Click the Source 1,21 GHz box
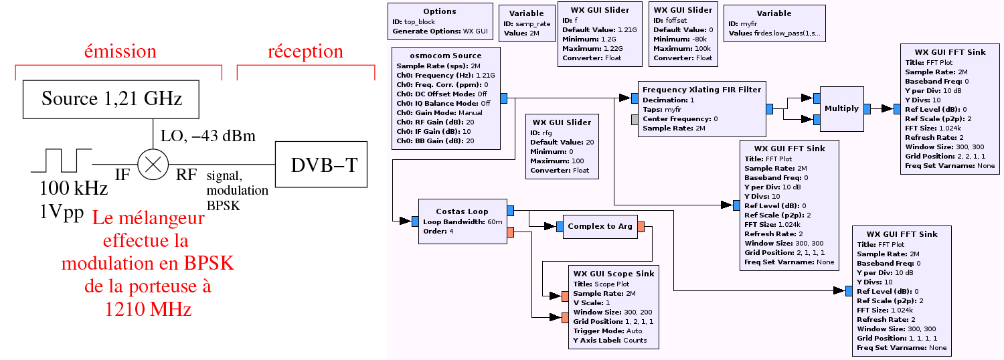coord(111,99)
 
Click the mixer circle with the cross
coord(153,165)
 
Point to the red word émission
coord(120,52)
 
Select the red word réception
coord(305,52)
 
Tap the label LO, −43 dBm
coord(208,137)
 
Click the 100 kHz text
coord(74,189)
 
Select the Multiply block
coord(841,108)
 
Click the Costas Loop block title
coord(462,211)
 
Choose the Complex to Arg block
coord(600,226)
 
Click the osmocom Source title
coord(445,56)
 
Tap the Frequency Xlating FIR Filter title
coord(701,90)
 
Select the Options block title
coord(440,11)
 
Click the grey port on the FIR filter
coord(635,119)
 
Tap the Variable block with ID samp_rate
coord(526,23)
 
